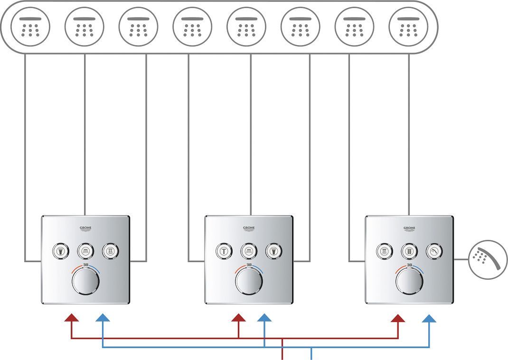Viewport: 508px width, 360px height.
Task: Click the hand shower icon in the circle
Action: pyautogui.click(x=485, y=258)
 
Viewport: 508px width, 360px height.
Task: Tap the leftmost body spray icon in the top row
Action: pyautogui.click(x=30, y=26)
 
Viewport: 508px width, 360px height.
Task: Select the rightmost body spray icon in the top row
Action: pyautogui.click(x=408, y=26)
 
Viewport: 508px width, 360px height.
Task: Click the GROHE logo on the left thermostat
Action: pyautogui.click(x=85, y=229)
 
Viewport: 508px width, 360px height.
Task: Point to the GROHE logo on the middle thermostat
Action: pyautogui.click(x=249, y=229)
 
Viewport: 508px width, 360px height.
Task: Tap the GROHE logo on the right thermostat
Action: pyautogui.click(x=409, y=229)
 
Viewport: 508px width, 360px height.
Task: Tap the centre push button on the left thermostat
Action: pyautogui.click(x=85, y=251)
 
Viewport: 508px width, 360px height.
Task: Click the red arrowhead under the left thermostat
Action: pyautogui.click(x=72, y=318)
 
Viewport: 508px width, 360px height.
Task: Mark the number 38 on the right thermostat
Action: pyautogui.click(x=409, y=265)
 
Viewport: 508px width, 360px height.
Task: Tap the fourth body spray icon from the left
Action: pyautogui.click(x=192, y=26)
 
